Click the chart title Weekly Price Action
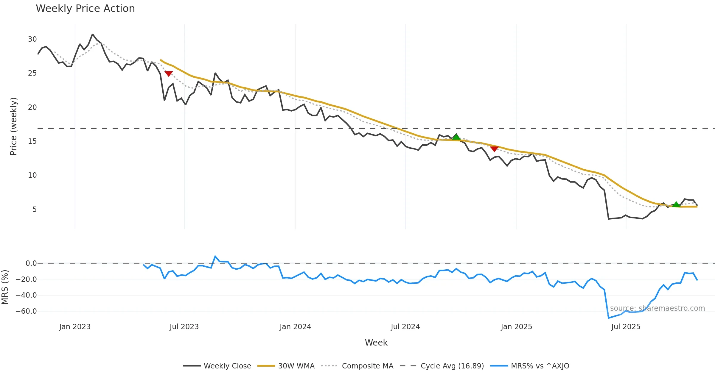point(85,9)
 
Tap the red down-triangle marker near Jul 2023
point(169,73)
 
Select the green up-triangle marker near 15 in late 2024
point(456,137)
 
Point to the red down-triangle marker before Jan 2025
point(494,149)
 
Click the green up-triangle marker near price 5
point(676,204)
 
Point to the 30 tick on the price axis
point(32,39)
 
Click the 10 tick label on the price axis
point(32,175)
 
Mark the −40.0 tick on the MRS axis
point(26,295)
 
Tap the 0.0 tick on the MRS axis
point(31,263)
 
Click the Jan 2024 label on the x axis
point(295,326)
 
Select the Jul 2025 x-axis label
point(626,326)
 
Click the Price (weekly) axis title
point(14,126)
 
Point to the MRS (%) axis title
point(5,287)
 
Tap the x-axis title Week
point(376,343)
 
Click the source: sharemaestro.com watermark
point(657,308)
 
